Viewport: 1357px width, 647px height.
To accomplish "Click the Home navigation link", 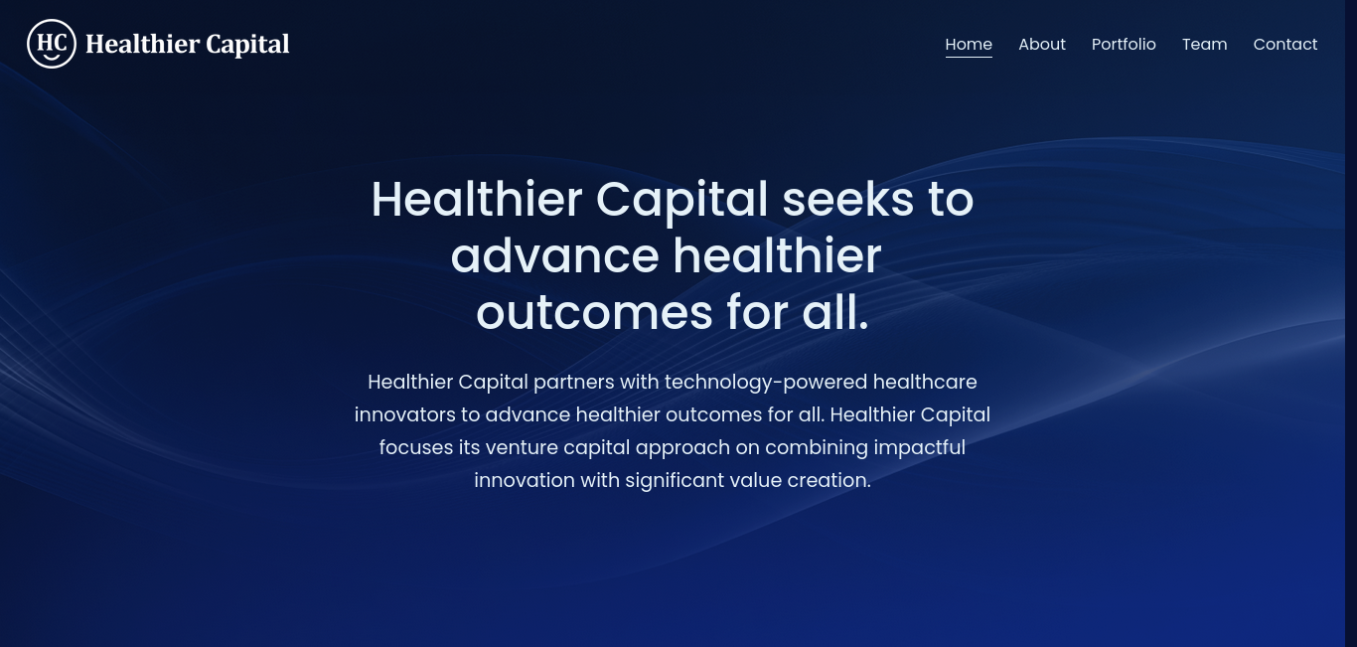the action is point(969,44).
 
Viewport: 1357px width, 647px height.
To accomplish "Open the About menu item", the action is point(1041,44).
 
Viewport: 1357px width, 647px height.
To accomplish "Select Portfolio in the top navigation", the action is point(1124,44).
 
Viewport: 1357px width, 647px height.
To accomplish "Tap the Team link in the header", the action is point(1204,44).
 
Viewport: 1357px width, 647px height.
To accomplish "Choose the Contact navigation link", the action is point(1284,44).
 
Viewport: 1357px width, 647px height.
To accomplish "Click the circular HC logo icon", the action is point(52,44).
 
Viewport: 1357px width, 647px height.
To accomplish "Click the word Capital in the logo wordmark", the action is point(247,45).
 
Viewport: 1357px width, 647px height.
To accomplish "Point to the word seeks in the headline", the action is point(847,200).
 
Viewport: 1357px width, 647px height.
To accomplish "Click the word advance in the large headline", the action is point(555,256).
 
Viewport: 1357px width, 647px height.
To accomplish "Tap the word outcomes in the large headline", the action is point(594,313).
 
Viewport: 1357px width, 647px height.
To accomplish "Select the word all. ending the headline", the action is point(835,313).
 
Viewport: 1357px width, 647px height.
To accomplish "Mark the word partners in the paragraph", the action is point(574,383).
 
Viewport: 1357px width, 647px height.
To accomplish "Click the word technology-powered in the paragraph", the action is point(766,383).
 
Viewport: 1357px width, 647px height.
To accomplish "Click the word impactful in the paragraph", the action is point(919,448).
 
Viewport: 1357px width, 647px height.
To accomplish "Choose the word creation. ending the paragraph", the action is point(829,480).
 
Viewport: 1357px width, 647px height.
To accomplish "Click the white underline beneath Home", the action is point(969,57).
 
